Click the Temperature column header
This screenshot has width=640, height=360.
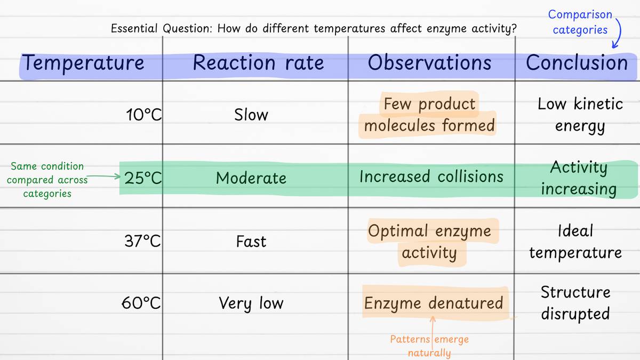click(x=83, y=63)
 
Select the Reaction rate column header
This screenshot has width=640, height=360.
click(x=258, y=63)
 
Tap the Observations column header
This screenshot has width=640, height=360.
click(x=429, y=63)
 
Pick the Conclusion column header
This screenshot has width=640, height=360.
click(x=577, y=63)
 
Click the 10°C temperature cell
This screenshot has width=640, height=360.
click(x=143, y=115)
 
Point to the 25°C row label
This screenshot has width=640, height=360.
click(x=142, y=178)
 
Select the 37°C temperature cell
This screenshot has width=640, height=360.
click(x=142, y=241)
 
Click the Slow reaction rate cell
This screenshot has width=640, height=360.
click(x=251, y=115)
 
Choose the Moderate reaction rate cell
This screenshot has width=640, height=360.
click(x=251, y=178)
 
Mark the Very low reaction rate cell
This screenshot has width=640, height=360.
click(x=251, y=303)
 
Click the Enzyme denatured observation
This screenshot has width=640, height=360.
click(x=433, y=303)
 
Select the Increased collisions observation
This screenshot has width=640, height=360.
click(x=431, y=177)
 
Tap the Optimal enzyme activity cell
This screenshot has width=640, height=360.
click(x=429, y=242)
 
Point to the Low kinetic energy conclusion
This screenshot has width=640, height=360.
click(x=580, y=115)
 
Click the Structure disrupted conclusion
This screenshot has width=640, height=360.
click(x=575, y=302)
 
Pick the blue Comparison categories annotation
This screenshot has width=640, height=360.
click(x=580, y=22)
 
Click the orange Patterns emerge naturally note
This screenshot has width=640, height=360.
click(x=429, y=346)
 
